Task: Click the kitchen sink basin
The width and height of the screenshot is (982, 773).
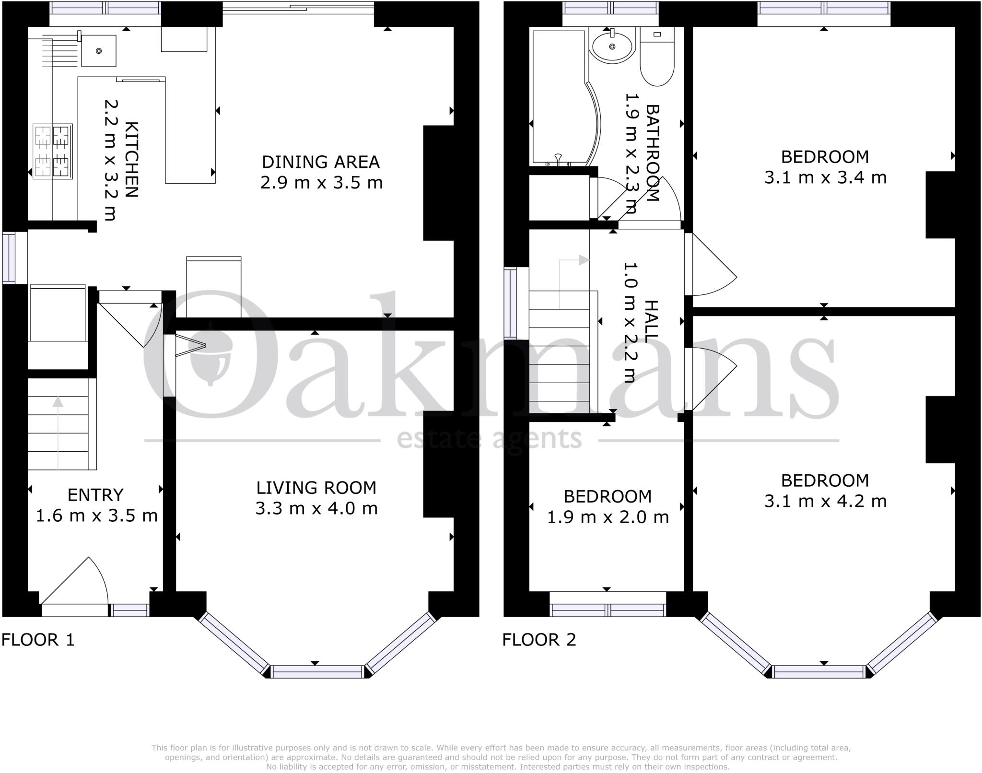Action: pos(98,50)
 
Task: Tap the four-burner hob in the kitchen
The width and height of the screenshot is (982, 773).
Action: pos(52,151)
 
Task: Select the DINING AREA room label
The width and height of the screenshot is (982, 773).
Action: pos(320,162)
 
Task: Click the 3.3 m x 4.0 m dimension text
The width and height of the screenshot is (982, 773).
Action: pos(316,508)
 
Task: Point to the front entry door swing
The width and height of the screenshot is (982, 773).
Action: pos(77,583)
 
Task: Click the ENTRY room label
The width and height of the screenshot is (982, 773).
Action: pos(95,495)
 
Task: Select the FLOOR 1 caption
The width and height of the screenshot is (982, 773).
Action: pos(38,640)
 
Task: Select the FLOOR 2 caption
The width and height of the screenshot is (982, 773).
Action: pos(539,640)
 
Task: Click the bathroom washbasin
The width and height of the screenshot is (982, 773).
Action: pos(612,46)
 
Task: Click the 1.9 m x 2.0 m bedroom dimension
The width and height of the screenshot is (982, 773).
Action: pos(608,517)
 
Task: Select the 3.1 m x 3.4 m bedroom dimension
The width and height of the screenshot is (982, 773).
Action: pos(825,178)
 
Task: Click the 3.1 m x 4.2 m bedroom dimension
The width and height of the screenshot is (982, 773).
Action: pos(825,502)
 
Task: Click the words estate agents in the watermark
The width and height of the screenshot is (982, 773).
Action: pos(489,439)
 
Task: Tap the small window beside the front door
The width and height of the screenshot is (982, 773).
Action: pos(129,610)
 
